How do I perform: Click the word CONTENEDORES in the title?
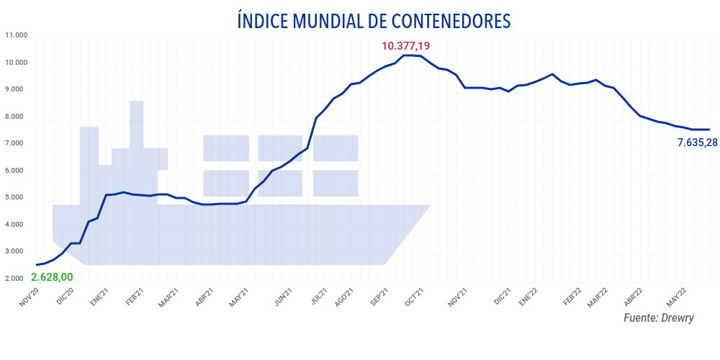click(439, 21)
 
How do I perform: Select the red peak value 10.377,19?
click(405, 46)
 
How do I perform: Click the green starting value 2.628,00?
click(53, 277)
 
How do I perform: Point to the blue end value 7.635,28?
click(698, 143)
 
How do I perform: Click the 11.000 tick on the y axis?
click(16, 35)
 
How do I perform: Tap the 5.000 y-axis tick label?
click(16, 197)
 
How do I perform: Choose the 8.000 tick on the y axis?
click(16, 117)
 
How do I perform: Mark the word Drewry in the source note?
click(678, 318)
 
